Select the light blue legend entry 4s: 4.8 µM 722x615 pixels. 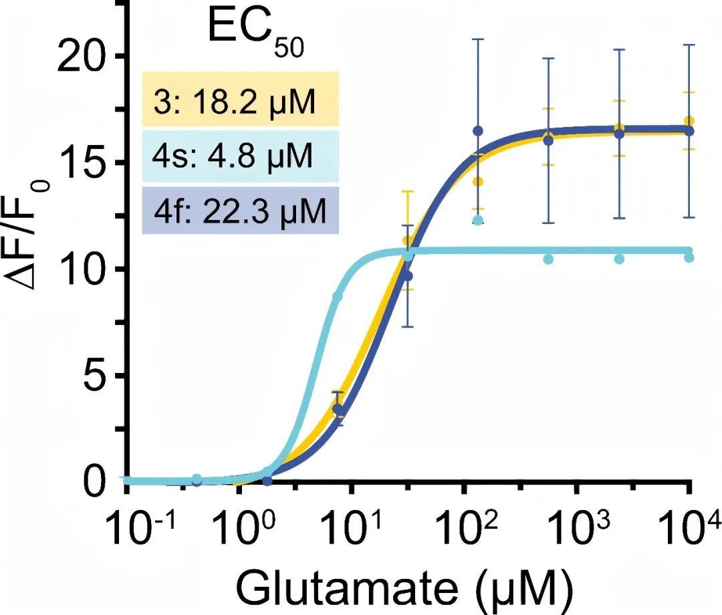(x=241, y=157)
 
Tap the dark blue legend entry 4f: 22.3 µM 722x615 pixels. (x=241, y=210)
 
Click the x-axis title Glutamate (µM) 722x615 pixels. (x=404, y=588)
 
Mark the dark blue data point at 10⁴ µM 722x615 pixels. (x=689, y=131)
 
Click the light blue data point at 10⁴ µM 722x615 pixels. (x=689, y=257)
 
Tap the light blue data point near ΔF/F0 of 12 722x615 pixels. (x=478, y=220)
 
